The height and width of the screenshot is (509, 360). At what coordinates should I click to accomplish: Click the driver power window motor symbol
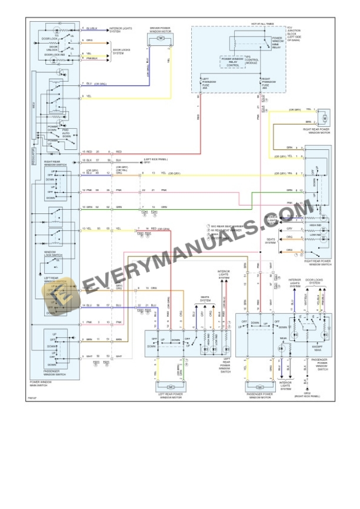point(160,38)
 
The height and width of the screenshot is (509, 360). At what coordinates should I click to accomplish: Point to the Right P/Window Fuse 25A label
point(268,82)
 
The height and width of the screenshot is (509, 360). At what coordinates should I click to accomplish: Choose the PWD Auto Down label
point(65,132)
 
